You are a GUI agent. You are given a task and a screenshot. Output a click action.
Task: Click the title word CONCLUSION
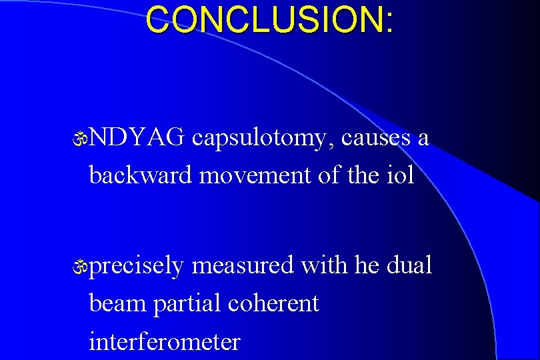coord(264,20)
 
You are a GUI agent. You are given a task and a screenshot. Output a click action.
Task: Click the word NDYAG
coord(137,138)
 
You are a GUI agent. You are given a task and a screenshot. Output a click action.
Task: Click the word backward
coord(141,175)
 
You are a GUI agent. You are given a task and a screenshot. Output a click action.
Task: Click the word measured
coord(243,265)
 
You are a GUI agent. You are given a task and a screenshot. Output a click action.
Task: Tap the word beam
coord(117,304)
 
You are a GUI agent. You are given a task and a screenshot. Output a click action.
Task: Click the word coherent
coord(273,304)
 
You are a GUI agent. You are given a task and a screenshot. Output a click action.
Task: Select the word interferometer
coord(164,342)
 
